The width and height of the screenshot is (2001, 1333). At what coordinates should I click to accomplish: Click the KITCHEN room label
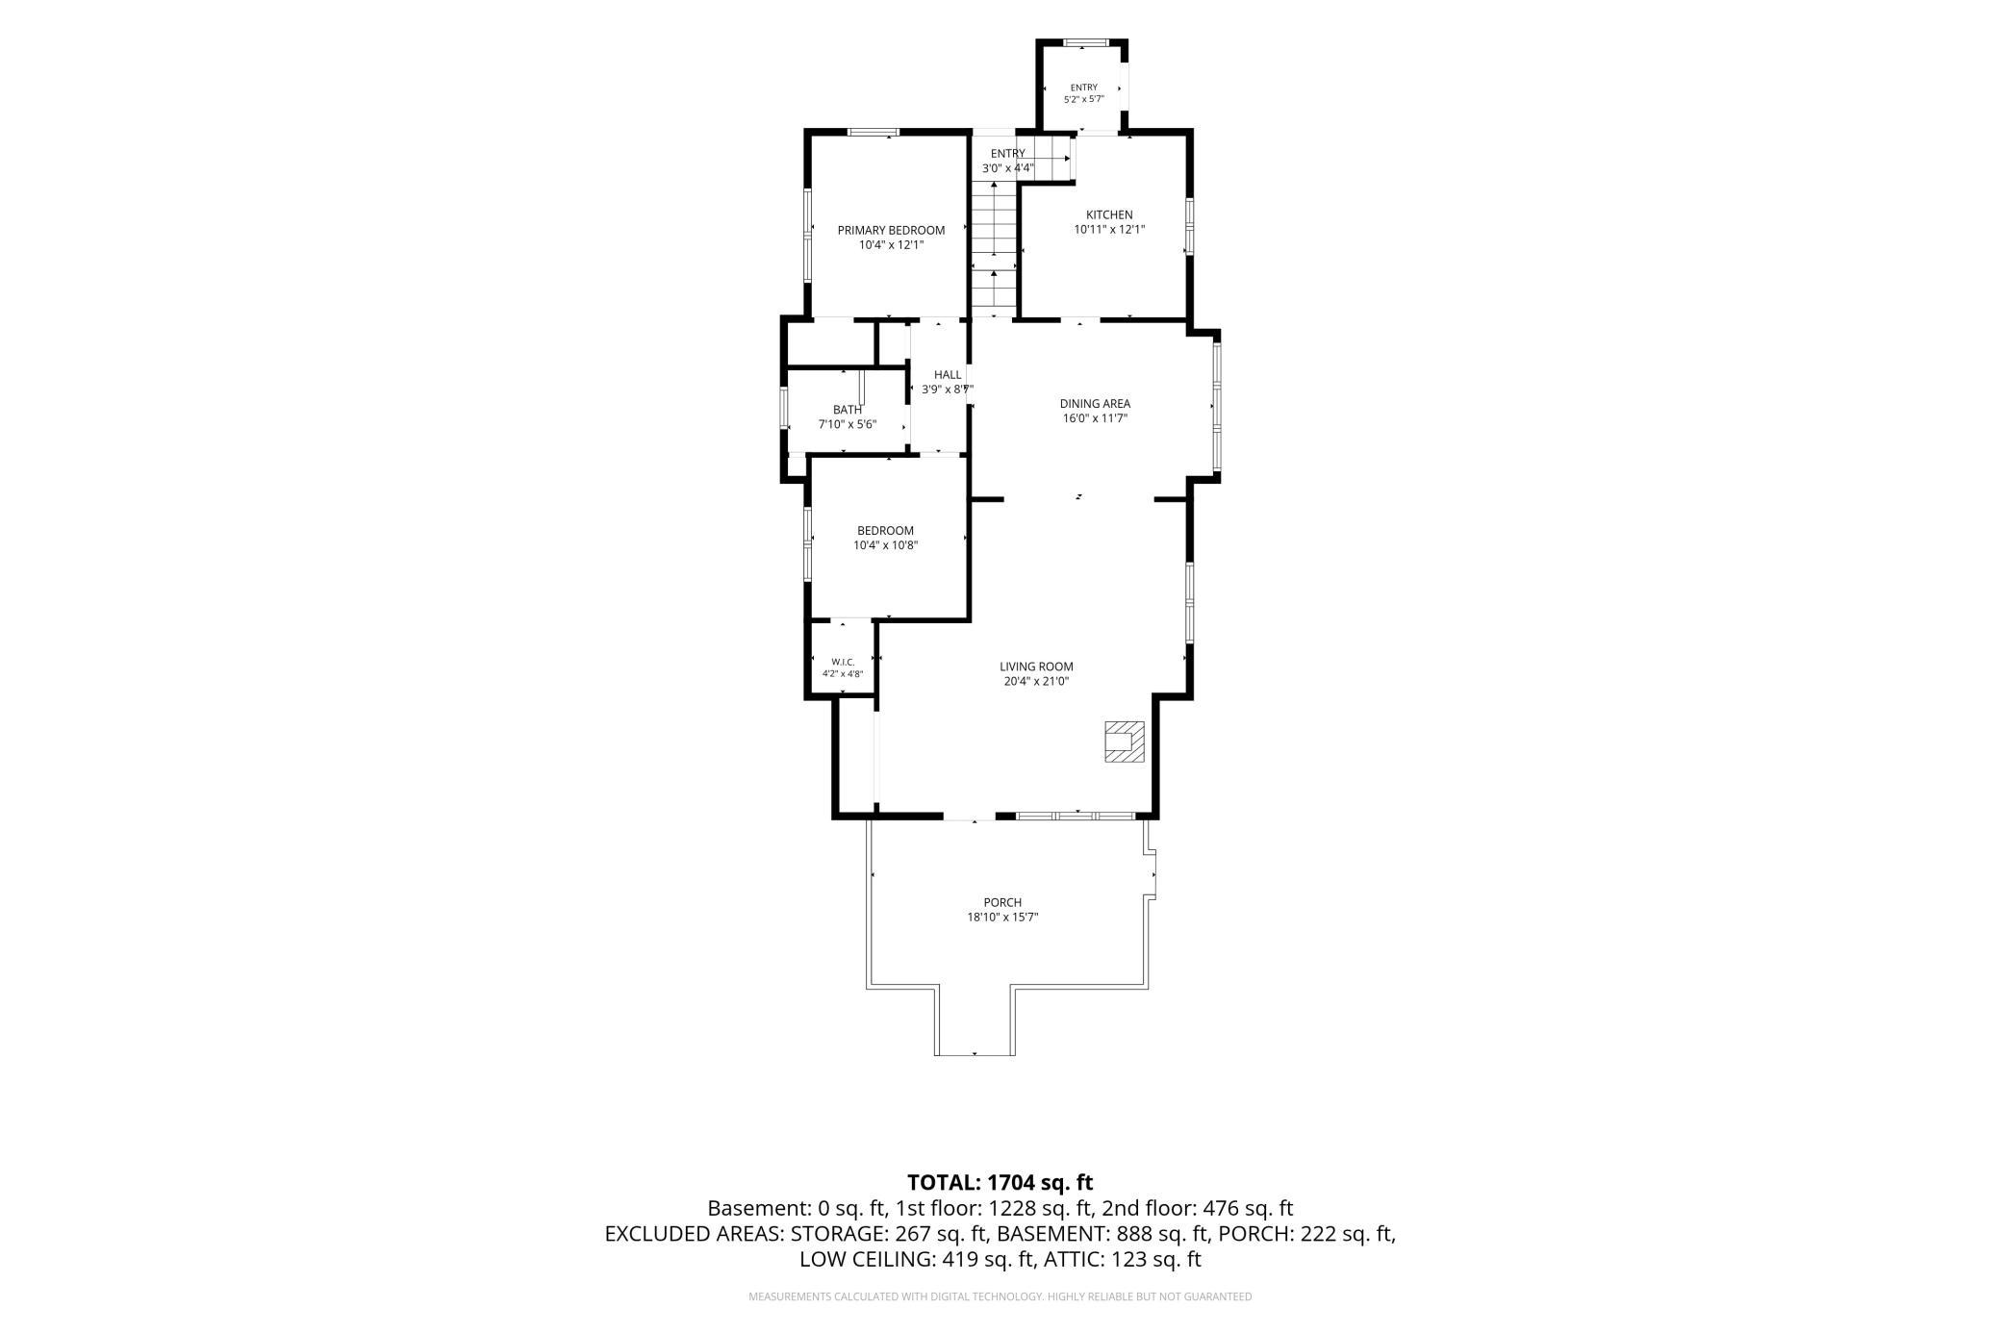pos(1109,214)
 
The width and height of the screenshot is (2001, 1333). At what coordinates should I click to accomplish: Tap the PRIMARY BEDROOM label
pos(891,230)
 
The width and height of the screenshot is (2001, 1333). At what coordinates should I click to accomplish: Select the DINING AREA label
pos(1095,404)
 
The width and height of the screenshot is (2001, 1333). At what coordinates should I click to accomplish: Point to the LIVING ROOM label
pos(1036,666)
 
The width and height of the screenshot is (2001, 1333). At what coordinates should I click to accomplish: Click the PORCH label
pos(1002,902)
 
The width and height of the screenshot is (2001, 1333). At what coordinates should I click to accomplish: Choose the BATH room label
pos(848,410)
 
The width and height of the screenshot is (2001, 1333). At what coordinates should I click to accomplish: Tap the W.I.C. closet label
pos(843,662)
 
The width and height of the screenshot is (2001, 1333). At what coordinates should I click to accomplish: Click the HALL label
pos(948,375)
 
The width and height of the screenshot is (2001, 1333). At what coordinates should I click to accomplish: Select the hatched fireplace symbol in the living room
pos(1124,742)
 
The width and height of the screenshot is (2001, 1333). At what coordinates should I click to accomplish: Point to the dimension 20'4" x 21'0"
pos(1036,682)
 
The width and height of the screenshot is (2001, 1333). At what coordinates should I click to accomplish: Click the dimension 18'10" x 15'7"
pos(1002,918)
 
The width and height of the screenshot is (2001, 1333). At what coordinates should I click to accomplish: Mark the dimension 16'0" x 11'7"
pos(1095,418)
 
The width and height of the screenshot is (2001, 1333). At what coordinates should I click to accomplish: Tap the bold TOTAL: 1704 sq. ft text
pos(1000,1182)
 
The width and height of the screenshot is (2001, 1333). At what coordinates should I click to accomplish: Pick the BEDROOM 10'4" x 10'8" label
pos(886,538)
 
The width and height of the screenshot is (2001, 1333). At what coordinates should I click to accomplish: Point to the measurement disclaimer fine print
pos(1000,1297)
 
